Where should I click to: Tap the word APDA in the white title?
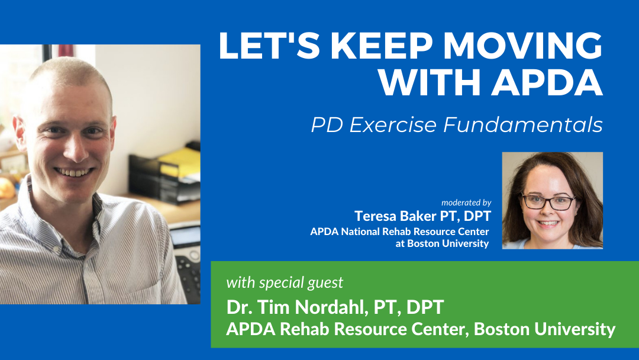547,82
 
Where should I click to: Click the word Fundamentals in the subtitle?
523,124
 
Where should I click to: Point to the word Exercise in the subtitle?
393,124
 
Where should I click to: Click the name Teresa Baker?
395,216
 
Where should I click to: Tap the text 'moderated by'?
466,202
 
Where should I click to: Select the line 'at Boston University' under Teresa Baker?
442,243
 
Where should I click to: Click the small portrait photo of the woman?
552,200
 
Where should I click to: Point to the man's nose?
75,149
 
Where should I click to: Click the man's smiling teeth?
73,172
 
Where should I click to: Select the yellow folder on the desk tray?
180,163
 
